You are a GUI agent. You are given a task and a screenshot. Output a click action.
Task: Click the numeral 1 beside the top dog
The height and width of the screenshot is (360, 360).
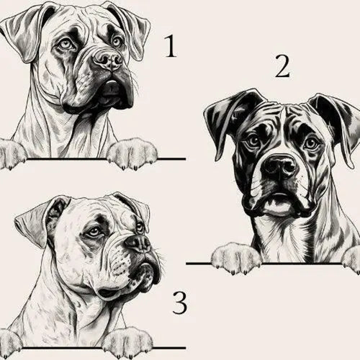pyautogui.click(x=171, y=47)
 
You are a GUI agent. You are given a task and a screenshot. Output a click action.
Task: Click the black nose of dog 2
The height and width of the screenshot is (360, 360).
pyautogui.click(x=279, y=167)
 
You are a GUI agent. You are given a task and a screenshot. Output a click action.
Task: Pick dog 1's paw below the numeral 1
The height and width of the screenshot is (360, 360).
pyautogui.click(x=135, y=153)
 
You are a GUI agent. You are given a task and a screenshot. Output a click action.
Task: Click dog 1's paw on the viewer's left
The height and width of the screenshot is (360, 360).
pyautogui.click(x=10, y=153)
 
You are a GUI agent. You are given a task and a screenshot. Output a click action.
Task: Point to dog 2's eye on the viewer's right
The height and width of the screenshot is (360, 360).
pyautogui.click(x=310, y=141)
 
